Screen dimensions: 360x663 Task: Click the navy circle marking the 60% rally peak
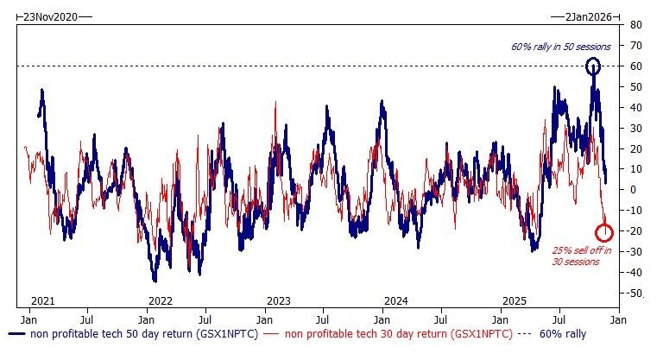point(593,66)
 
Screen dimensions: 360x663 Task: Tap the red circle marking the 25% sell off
point(604,231)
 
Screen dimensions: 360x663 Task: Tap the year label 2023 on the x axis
point(278,300)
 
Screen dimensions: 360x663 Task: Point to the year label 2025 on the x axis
point(515,300)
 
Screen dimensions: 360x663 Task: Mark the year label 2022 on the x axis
point(160,300)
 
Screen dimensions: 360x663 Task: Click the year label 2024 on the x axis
point(397,300)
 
